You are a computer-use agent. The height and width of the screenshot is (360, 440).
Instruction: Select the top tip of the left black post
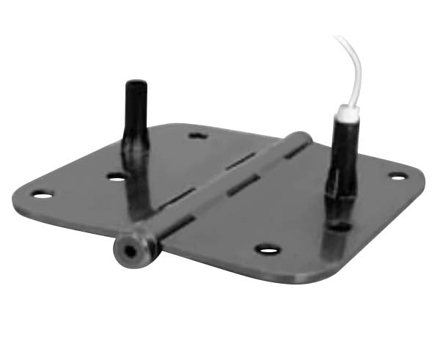coord(136,84)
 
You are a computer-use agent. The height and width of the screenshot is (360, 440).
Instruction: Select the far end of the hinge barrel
coord(301,137)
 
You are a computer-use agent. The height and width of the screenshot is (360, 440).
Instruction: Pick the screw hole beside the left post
coord(116,176)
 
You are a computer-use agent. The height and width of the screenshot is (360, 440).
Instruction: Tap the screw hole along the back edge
coord(197,135)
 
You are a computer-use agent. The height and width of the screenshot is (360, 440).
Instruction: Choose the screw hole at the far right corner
coord(397,176)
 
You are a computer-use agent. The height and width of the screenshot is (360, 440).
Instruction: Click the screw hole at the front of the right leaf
coord(269,250)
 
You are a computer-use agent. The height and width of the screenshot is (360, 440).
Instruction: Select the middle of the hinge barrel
coord(220,191)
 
